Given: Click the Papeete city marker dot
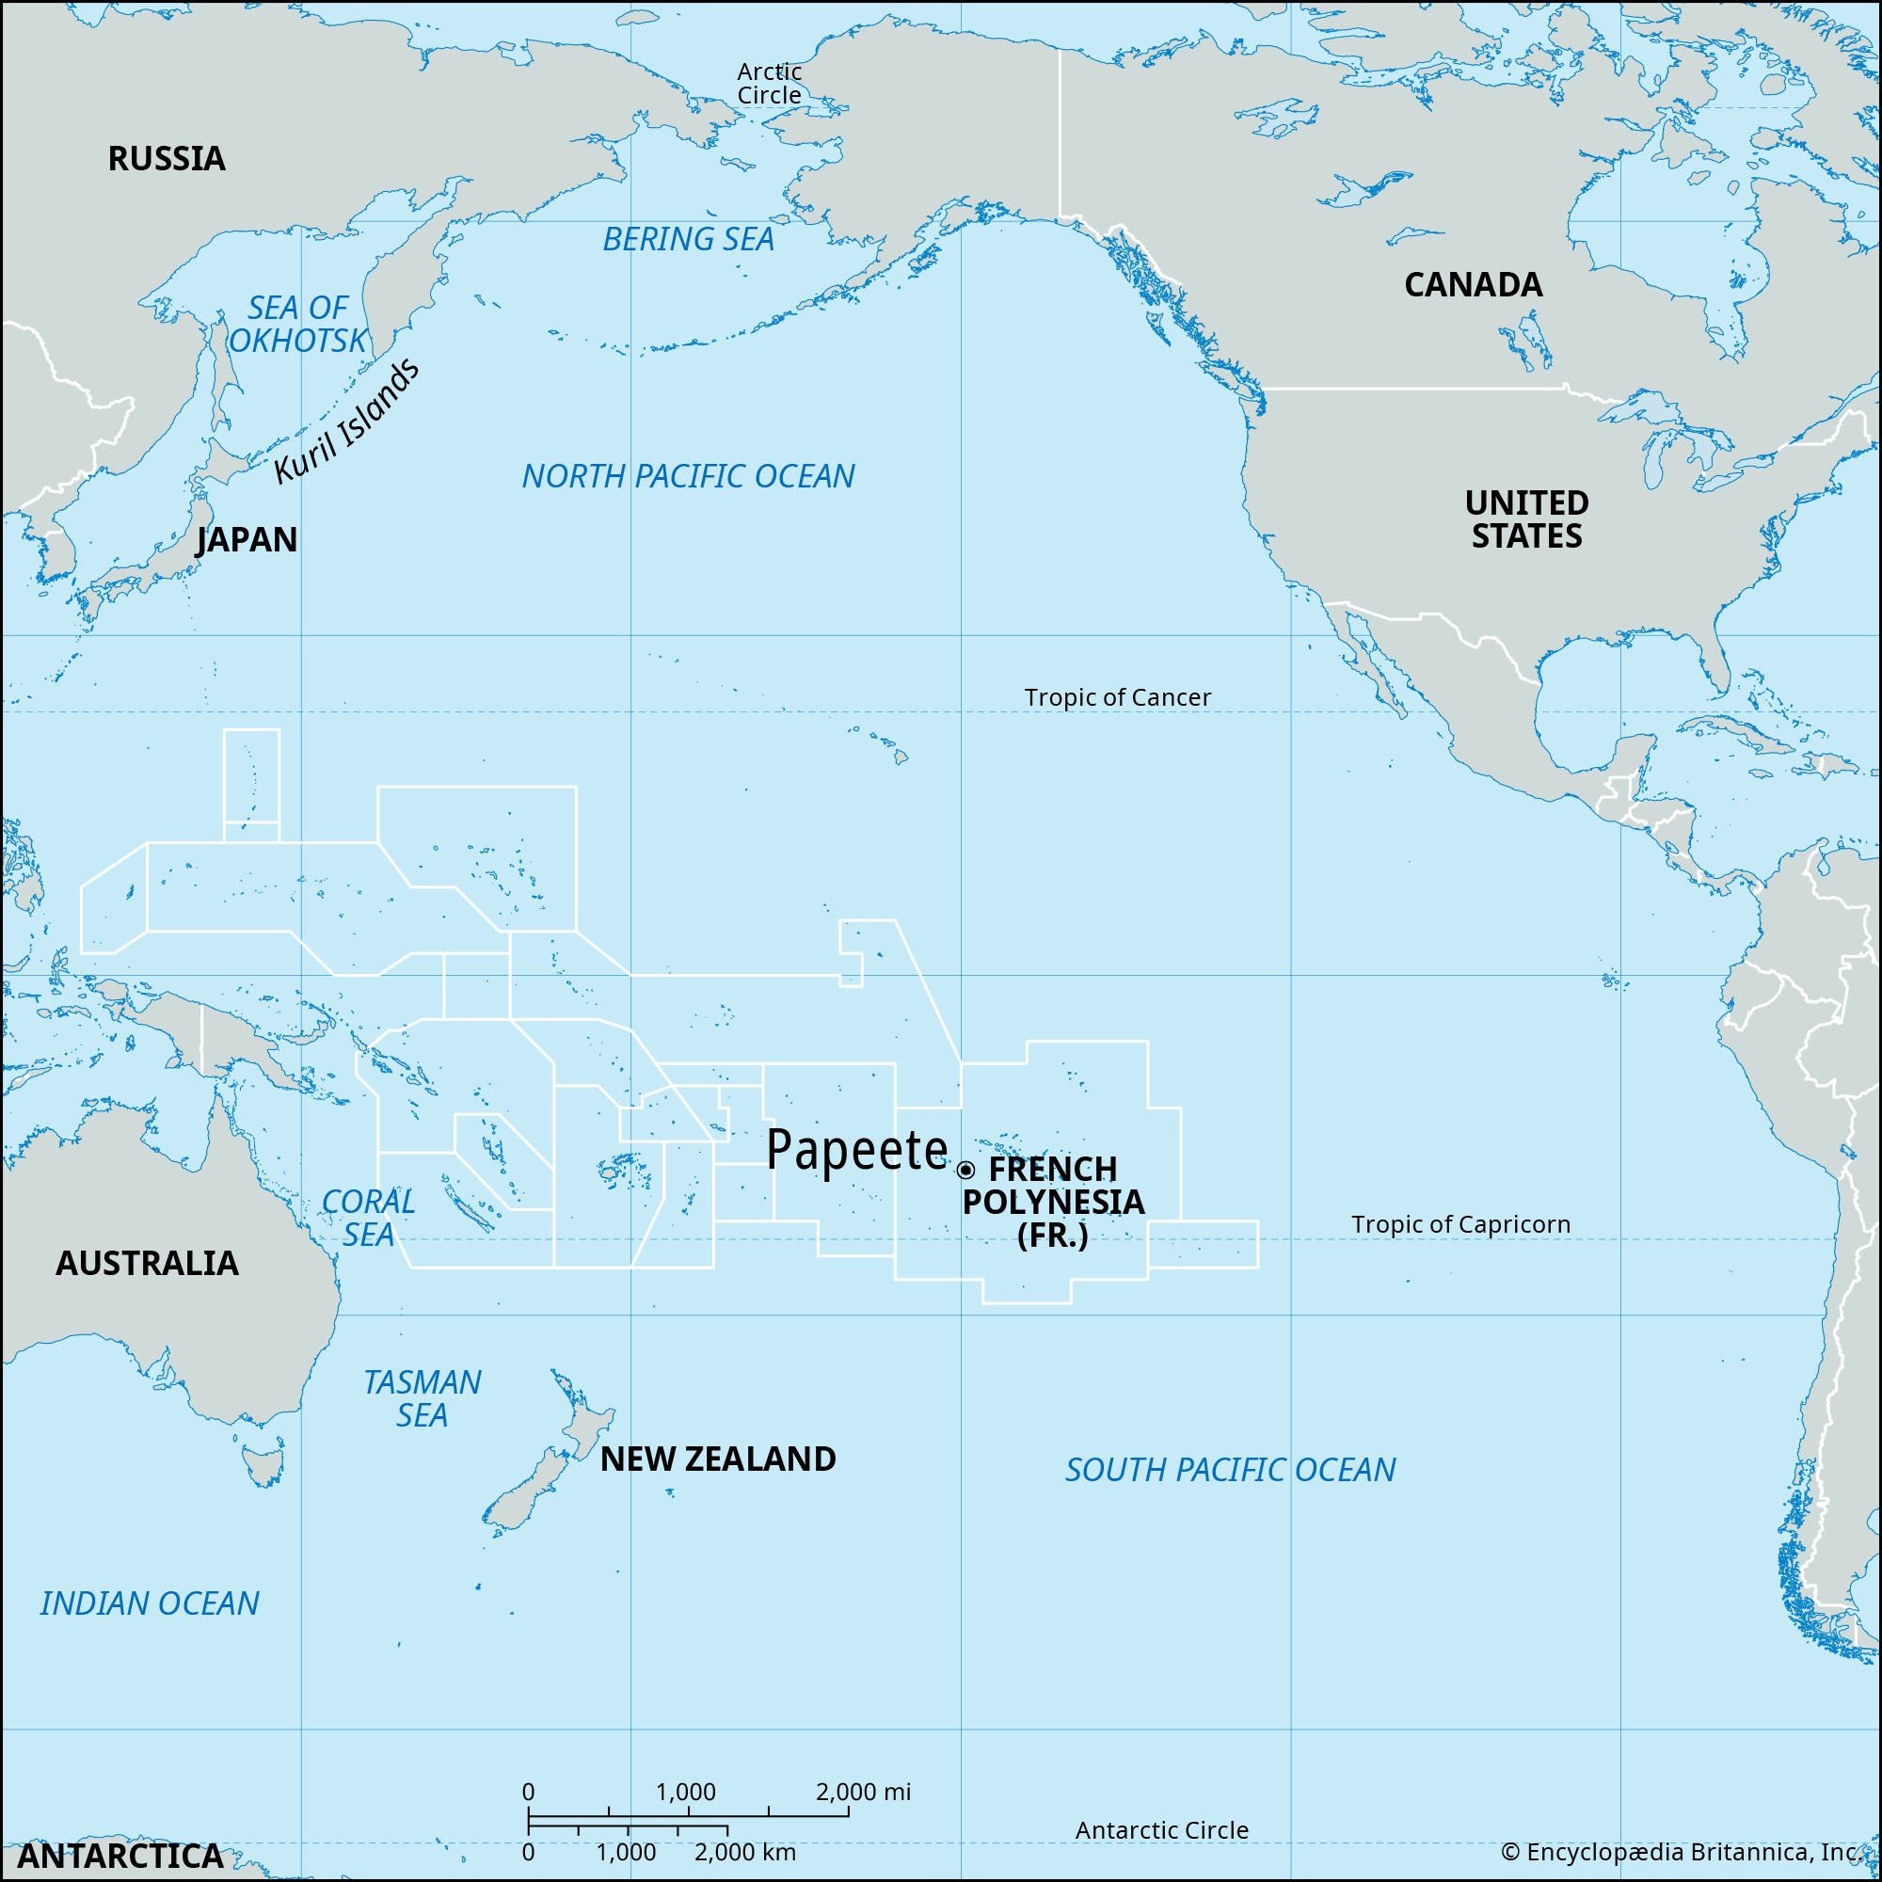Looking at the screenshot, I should click(x=965, y=1170).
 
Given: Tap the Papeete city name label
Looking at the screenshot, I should click(x=856, y=1152).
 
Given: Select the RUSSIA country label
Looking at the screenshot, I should click(x=167, y=159).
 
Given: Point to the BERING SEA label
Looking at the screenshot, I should click(x=688, y=240).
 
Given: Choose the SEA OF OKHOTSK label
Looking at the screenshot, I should click(x=297, y=325).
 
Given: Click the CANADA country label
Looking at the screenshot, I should click(x=1473, y=285).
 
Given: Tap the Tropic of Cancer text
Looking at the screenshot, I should click(x=1117, y=697).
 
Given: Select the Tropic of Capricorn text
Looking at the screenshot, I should click(x=1460, y=1224).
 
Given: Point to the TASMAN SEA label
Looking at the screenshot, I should click(x=422, y=1398).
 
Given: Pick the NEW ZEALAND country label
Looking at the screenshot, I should click(x=718, y=1459).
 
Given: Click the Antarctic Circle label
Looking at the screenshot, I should click(x=1161, y=1830).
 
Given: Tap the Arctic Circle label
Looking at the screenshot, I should click(x=770, y=83).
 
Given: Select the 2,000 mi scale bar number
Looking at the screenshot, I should click(x=863, y=1792).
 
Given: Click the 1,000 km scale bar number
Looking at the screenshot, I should click(x=627, y=1852).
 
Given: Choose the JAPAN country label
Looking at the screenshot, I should click(x=247, y=539).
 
